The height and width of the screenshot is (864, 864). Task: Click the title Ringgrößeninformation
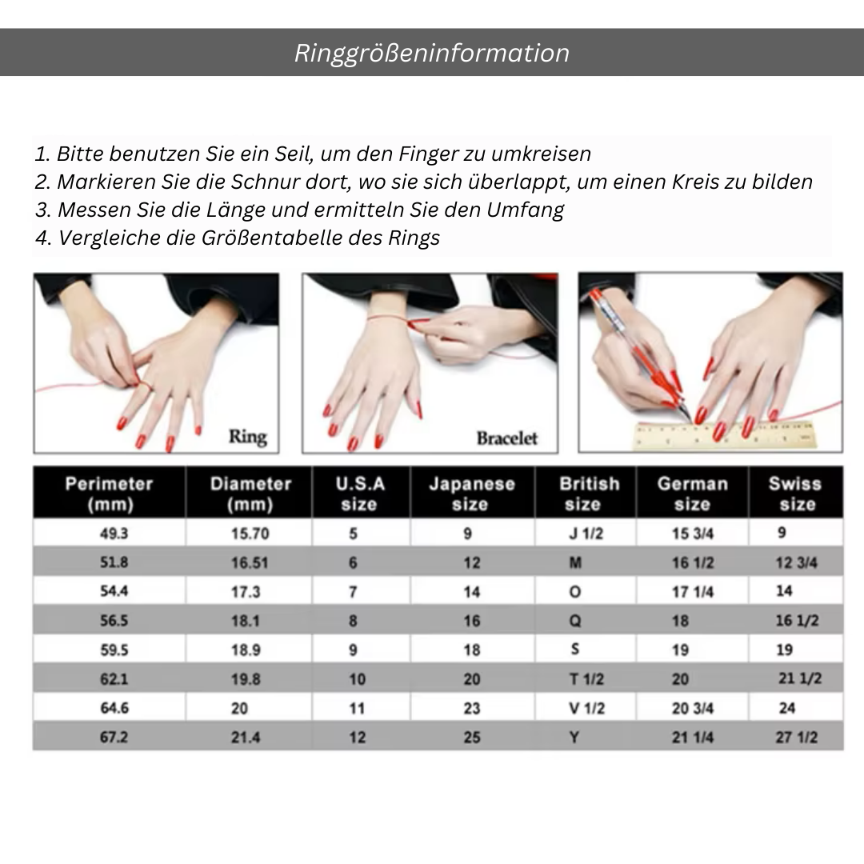431,54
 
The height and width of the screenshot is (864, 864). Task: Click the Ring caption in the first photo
248,437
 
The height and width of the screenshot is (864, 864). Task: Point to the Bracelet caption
507,438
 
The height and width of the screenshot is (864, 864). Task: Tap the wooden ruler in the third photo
725,434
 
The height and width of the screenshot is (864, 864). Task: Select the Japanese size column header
472,494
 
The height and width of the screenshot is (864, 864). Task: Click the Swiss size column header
795,494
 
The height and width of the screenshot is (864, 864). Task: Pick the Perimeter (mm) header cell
109,494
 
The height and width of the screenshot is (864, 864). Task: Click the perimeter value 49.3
114,534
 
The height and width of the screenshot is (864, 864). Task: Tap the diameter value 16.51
250,562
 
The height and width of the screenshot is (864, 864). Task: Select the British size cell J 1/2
586,534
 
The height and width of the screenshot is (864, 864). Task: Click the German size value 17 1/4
693,592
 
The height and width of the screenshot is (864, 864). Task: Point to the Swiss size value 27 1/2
797,738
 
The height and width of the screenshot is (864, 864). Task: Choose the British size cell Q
574,621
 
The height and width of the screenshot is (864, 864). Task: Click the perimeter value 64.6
114,708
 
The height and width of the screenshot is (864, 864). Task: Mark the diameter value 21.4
246,738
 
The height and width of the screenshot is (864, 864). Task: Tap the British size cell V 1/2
587,708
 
